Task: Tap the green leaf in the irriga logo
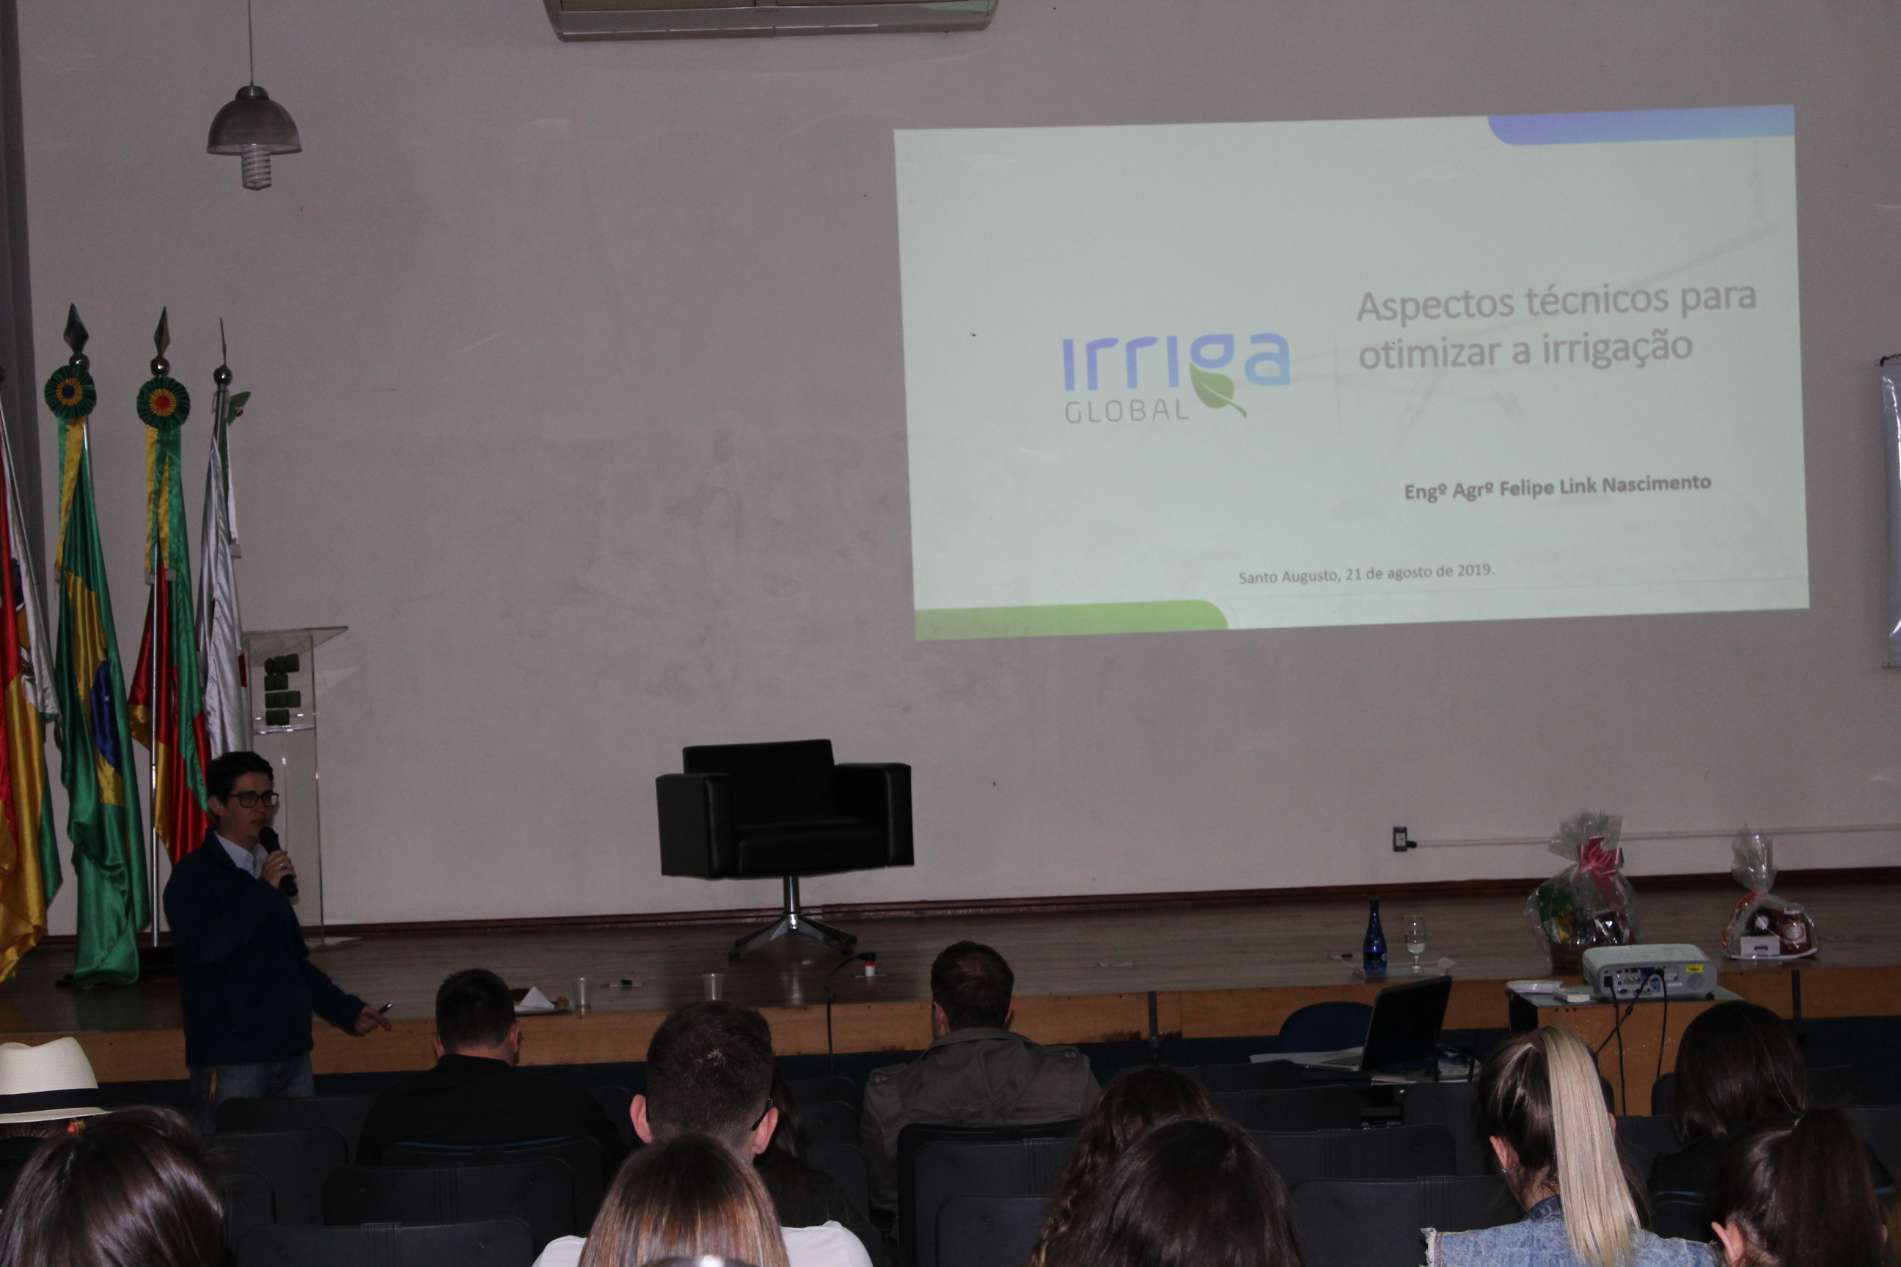point(1217,394)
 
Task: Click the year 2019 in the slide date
point(1475,570)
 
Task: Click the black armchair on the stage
point(784,845)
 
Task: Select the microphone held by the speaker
point(277,860)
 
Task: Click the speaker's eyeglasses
point(252,799)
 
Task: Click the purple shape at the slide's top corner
point(1641,127)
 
